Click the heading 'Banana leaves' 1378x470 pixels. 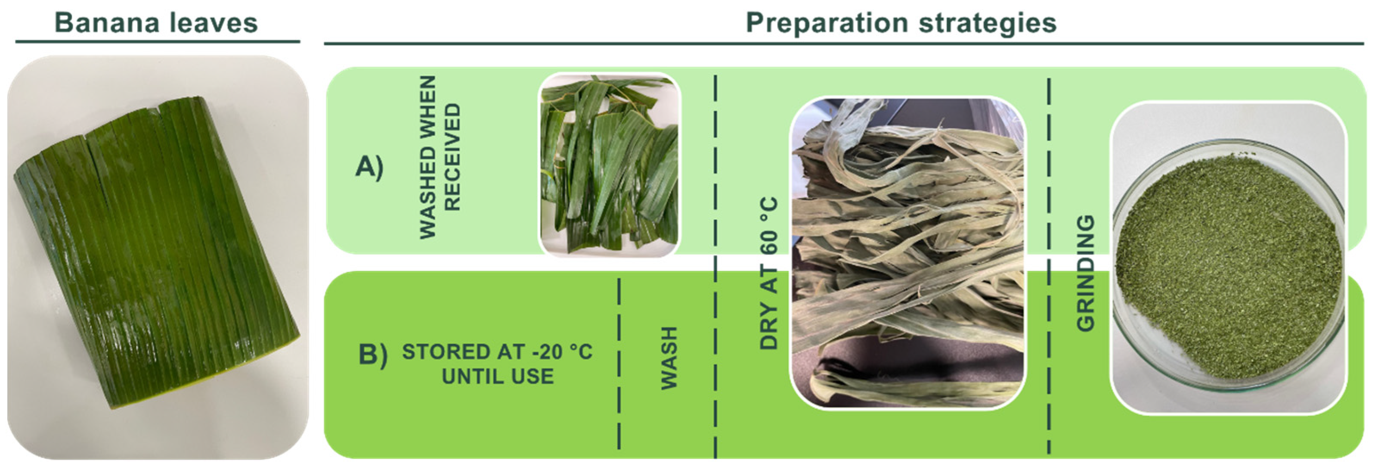[156, 23]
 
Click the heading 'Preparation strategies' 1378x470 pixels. [901, 23]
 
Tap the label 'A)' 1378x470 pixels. [369, 167]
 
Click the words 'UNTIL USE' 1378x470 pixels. [498, 377]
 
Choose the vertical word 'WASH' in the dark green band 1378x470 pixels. [669, 358]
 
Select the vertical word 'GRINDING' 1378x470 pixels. [1086, 273]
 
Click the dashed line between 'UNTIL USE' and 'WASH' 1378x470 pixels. [619, 364]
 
